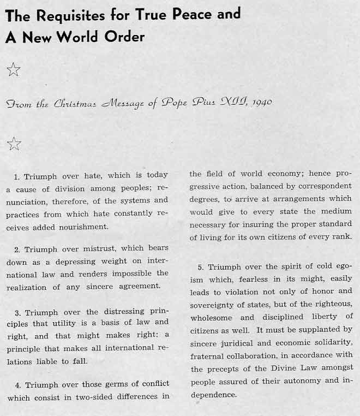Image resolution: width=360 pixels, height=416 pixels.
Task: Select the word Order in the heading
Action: pos(130,37)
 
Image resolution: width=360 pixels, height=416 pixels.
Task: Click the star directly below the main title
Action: pos(13,69)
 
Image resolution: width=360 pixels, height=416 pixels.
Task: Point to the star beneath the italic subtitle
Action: pos(14,144)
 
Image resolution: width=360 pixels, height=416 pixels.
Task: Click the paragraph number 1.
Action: pos(17,176)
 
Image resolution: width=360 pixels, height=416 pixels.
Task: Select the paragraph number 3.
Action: pos(17,313)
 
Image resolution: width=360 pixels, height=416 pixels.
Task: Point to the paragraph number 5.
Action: pos(200,267)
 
